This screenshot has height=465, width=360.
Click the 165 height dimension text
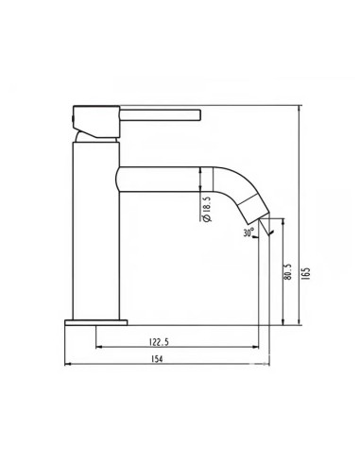[307, 273]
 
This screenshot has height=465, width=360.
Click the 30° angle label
[249, 232]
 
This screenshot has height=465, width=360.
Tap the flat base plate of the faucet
[94, 322]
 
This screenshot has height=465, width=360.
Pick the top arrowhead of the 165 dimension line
[300, 109]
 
